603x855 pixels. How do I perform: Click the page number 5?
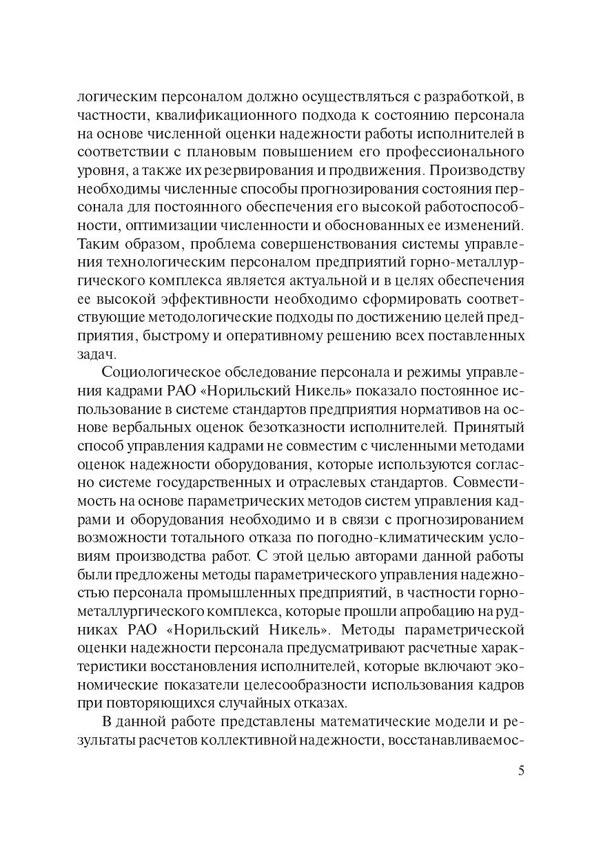[x=521, y=770]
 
